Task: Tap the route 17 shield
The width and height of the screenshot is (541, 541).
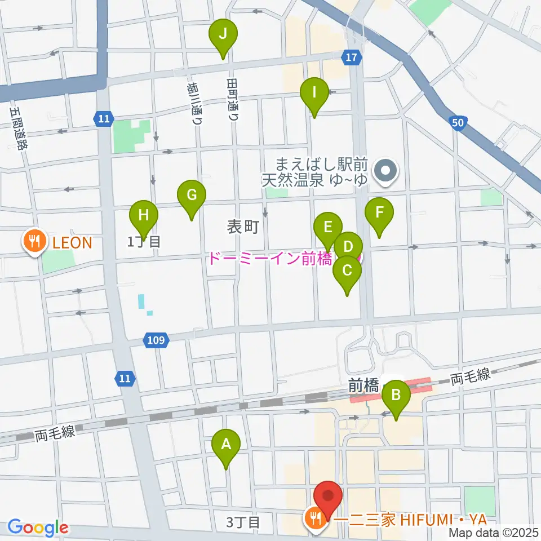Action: tap(351, 57)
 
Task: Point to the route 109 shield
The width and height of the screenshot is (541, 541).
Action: tap(157, 340)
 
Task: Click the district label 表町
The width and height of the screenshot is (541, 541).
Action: tap(243, 227)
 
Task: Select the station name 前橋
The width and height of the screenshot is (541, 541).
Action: tap(363, 385)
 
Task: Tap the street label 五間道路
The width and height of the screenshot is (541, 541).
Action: tap(18, 129)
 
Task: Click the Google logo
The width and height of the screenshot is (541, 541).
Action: tap(38, 527)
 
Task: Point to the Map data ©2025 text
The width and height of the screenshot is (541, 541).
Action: tap(494, 532)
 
